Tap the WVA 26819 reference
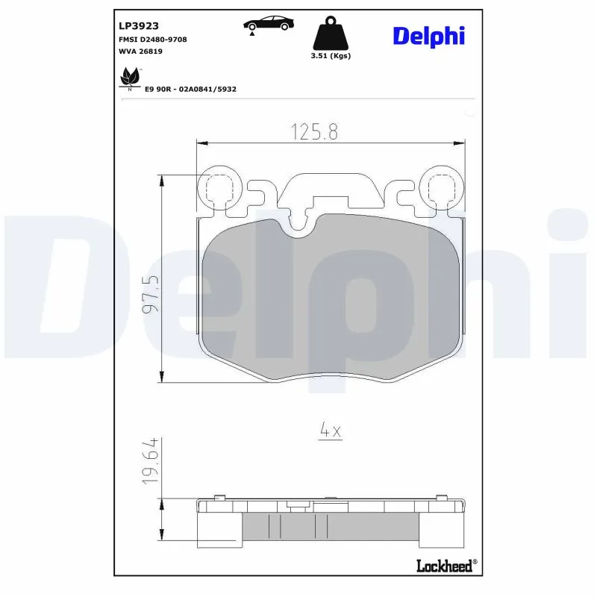pyautogui.click(x=141, y=51)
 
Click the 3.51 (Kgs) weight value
pyautogui.click(x=329, y=56)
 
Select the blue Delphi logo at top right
pyautogui.click(x=428, y=34)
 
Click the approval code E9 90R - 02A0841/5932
pyautogui.click(x=190, y=89)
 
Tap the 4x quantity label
pyautogui.click(x=330, y=431)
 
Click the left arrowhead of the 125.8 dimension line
pyautogui.click(x=200, y=141)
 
